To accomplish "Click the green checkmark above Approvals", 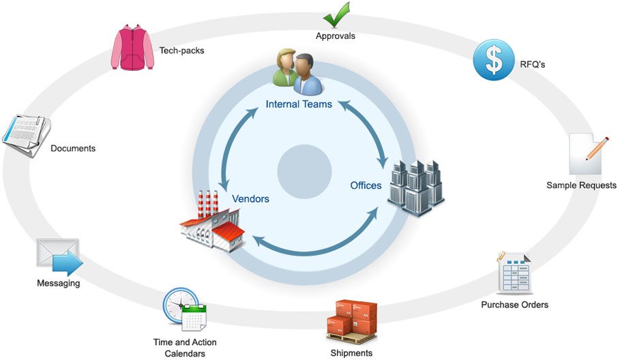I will click(x=336, y=14).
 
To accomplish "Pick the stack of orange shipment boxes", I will click(x=352, y=321).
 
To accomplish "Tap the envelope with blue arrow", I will click(x=59, y=258).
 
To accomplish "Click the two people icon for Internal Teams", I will click(x=299, y=73).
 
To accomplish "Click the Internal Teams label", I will click(x=299, y=104).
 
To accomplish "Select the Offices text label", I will click(x=366, y=185).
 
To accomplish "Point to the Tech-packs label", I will click(x=181, y=50).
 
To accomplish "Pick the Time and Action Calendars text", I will click(x=185, y=348).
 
